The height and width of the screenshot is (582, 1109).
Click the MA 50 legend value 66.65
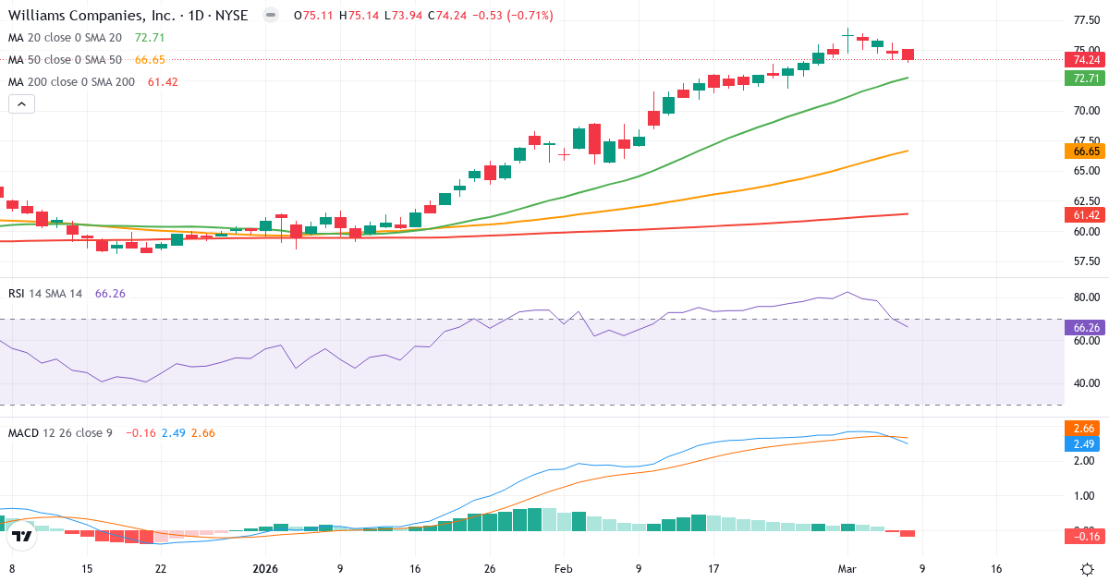149,59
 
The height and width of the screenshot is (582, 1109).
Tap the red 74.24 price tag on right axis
1082,60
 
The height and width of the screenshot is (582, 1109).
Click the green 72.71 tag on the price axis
1082,79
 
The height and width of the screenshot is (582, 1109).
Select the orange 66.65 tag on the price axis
1082,152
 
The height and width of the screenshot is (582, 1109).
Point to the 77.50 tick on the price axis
1086,19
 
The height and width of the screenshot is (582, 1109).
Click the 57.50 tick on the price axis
1086,261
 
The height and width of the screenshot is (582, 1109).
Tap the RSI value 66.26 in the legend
110,293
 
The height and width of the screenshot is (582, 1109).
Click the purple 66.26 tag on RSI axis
1082,327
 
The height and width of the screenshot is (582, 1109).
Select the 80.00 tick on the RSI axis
1086,297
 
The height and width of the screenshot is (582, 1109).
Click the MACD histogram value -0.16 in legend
140,432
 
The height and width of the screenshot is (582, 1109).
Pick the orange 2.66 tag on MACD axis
1082,428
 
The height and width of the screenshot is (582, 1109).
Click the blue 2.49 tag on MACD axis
1082,444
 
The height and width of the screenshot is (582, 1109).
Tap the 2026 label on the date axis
266,569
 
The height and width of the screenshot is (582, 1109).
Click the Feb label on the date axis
563,569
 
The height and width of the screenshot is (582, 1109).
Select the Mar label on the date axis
848,569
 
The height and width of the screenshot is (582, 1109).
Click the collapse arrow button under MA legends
21,104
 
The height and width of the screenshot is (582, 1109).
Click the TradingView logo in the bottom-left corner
22,535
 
